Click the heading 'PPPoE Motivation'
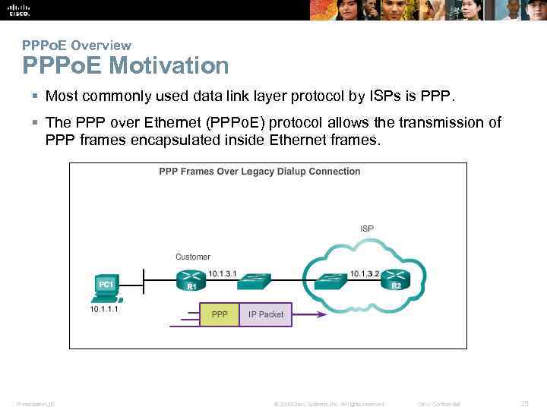click(125, 66)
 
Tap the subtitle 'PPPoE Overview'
click(76, 46)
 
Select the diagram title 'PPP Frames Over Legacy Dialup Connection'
click(259, 172)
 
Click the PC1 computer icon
click(105, 287)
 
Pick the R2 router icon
click(396, 280)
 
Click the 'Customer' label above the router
click(193, 257)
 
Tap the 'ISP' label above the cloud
click(367, 228)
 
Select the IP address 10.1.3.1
click(223, 273)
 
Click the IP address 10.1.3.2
click(365, 273)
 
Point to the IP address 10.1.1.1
click(106, 310)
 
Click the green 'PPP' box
click(220, 314)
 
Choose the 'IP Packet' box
click(266, 314)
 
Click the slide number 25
click(523, 403)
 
